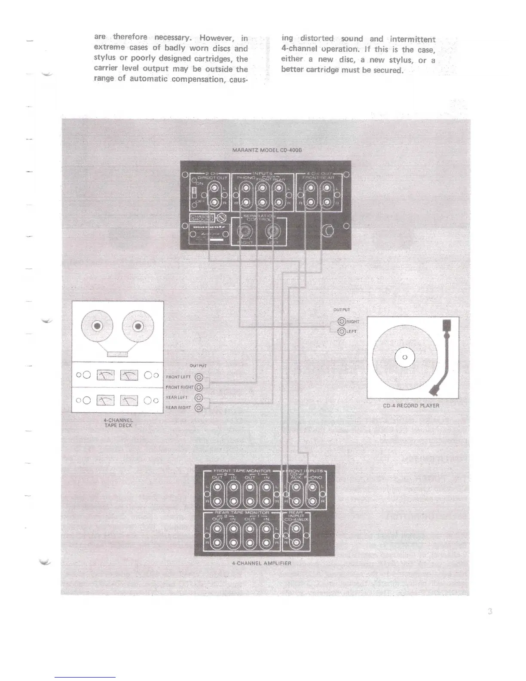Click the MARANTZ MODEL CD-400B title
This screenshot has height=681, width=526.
pos(264,150)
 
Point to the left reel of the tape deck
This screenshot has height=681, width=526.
pos(98,326)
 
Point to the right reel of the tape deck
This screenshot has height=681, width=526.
pos(138,326)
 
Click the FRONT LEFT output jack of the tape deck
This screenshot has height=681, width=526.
pos(199,377)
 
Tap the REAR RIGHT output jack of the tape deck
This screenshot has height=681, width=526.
pos(199,408)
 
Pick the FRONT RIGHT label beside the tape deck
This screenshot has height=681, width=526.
pos(179,387)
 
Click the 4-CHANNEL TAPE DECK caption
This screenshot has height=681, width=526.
pos(119,423)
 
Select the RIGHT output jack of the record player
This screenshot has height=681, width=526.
pos(342,321)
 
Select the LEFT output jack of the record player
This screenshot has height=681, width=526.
pos(342,331)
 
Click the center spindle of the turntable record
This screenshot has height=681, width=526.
pos(404,357)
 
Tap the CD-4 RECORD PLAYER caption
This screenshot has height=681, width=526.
pos(411,405)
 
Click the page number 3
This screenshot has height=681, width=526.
pos(489,612)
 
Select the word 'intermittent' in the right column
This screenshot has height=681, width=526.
pos(413,39)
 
